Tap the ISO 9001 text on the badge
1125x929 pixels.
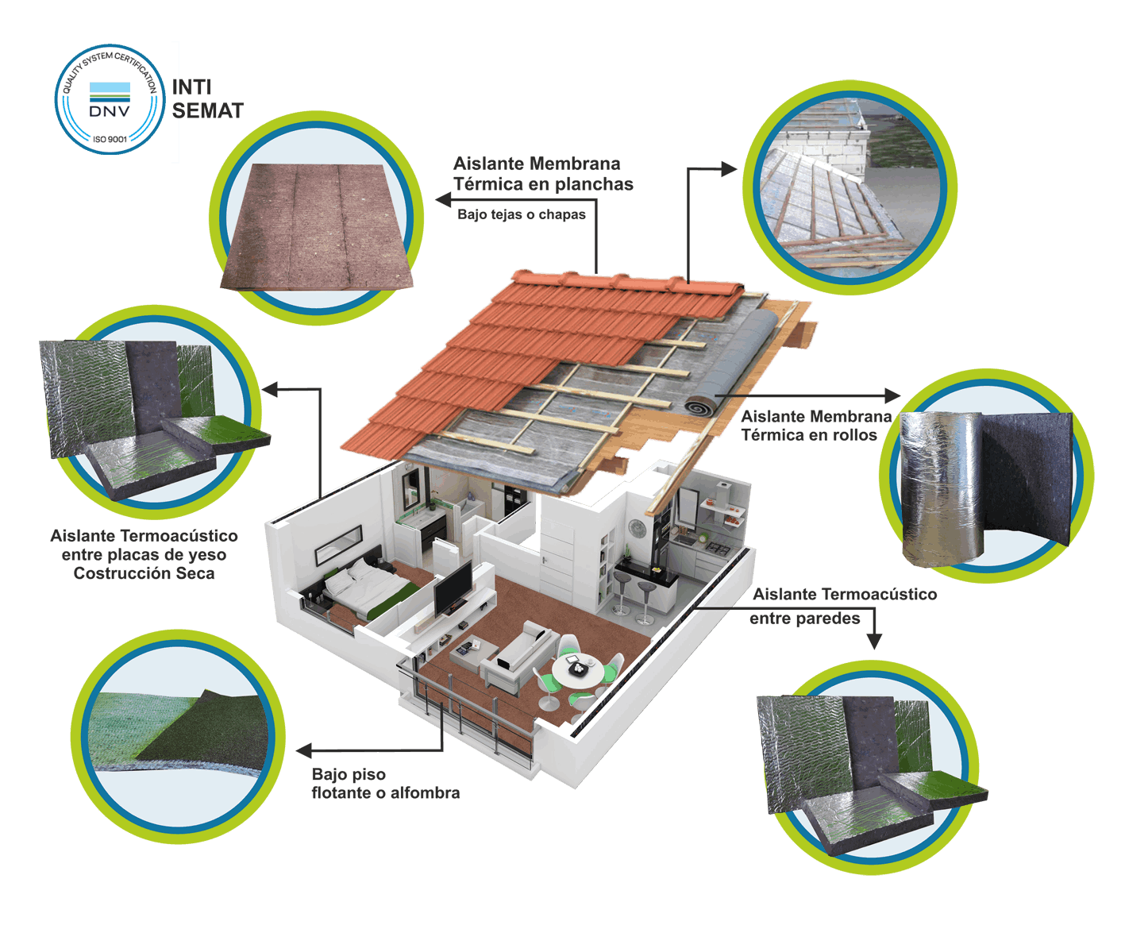110,139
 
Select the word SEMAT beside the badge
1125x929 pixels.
208,111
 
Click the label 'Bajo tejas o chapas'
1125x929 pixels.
521,214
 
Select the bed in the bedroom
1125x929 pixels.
369,588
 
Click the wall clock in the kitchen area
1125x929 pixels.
637,527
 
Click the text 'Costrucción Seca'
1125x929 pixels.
144,573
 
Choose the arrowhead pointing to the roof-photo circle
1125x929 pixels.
730,168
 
